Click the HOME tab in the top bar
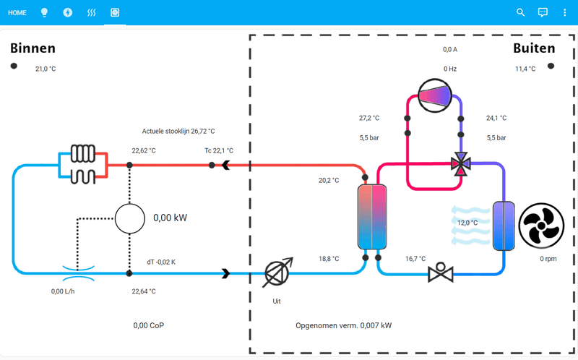(x=17, y=13)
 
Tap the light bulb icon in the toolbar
(x=44, y=13)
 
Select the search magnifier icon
(x=521, y=13)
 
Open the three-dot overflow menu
(x=565, y=13)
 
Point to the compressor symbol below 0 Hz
(x=435, y=95)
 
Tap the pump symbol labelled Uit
(x=277, y=273)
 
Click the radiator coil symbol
(x=82, y=164)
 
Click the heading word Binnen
(x=33, y=48)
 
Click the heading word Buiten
(x=534, y=48)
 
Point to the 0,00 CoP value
(x=149, y=325)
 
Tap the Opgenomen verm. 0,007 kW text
(x=344, y=325)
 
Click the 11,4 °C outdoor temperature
(x=525, y=69)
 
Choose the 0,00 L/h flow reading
(x=63, y=291)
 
